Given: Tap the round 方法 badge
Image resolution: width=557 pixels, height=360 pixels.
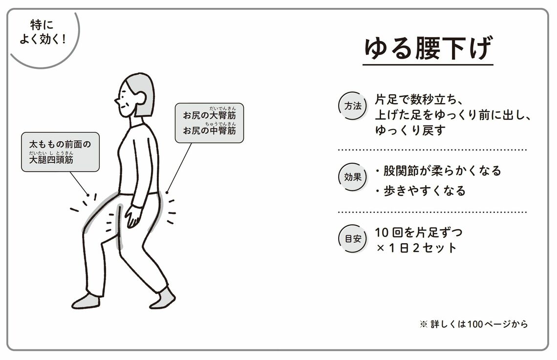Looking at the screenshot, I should coord(353,106).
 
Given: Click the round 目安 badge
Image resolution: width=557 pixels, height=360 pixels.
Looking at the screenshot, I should coord(353,239).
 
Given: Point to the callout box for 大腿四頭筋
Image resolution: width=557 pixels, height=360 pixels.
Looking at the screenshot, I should coord(60,152).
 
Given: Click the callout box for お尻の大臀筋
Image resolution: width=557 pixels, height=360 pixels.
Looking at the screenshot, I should coord(209,123).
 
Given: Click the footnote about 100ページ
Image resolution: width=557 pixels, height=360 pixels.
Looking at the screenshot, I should coord(473,324).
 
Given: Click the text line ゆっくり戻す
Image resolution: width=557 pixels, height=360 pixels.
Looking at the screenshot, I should coord(410,131).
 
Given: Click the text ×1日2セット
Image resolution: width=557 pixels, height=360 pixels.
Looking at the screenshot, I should coord(416,248).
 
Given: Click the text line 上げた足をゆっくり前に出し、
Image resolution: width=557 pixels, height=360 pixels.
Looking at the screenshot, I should coord(452,115).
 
